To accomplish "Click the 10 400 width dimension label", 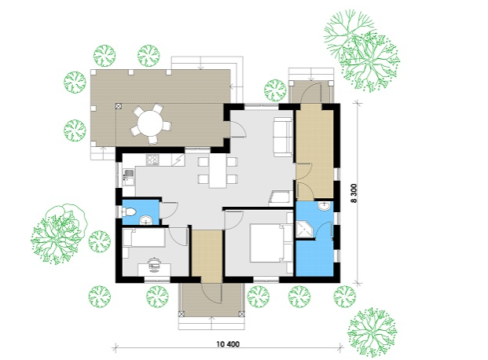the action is [228, 344].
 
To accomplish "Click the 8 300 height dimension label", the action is [354, 193].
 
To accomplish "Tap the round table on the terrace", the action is [151, 123].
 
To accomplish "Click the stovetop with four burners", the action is [152, 160].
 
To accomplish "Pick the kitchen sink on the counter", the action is [128, 174].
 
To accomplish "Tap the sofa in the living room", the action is [283, 137].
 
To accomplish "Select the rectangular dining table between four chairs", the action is [218, 171].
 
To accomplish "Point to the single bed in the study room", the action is [144, 237].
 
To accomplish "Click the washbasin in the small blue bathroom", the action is [145, 220].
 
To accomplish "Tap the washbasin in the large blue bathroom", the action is [324, 205].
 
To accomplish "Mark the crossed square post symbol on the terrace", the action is [119, 106].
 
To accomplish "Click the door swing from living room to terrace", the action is [238, 129].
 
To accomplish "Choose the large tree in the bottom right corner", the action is [372, 332].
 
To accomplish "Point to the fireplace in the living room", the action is [279, 197].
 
